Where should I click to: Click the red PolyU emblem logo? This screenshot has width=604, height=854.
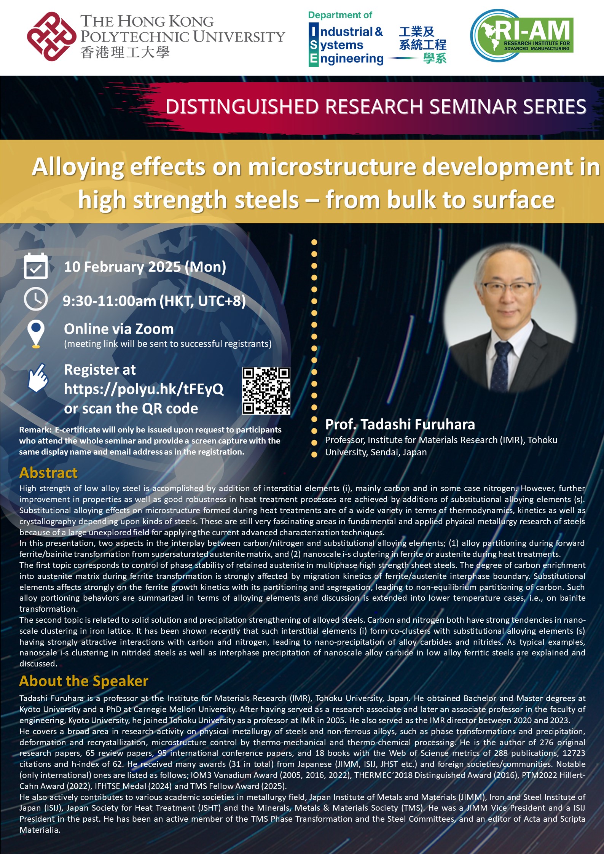point(51,37)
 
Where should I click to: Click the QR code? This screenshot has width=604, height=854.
point(266,391)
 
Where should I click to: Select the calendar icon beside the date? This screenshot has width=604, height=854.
point(36,266)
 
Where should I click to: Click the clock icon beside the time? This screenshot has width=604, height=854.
point(36,300)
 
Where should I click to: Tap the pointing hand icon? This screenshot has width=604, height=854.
point(38,377)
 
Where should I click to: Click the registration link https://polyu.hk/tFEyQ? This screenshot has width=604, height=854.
point(143,389)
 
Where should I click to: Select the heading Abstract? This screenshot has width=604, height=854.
point(48,472)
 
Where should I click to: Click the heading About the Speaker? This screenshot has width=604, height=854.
point(84,681)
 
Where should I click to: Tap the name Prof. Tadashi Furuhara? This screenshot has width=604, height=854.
point(400,424)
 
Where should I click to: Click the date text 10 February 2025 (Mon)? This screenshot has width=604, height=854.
point(145,267)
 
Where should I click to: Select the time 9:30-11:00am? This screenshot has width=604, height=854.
point(110,301)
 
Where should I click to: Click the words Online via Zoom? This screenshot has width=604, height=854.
point(119,329)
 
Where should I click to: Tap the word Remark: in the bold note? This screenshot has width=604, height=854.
point(35,430)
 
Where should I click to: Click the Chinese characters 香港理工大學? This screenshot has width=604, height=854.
point(125,52)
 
